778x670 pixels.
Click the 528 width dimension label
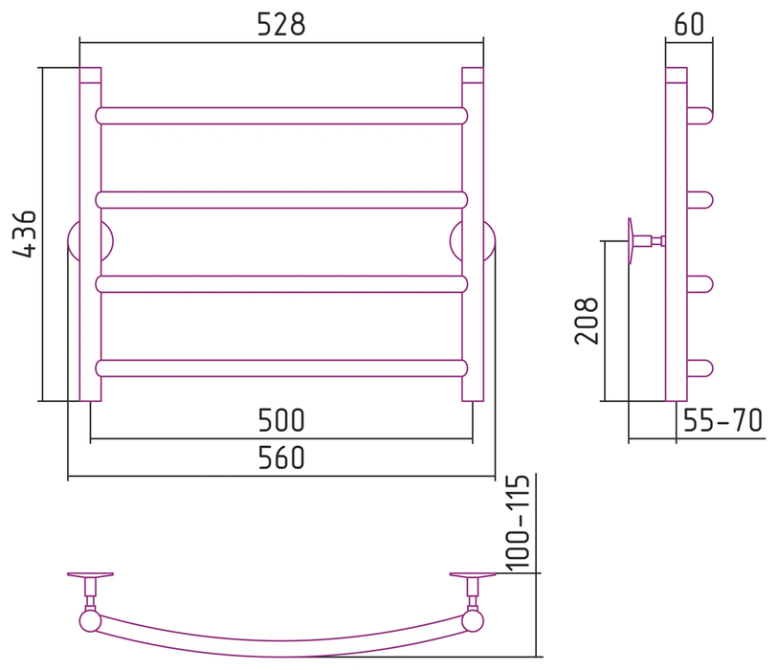[x=281, y=24]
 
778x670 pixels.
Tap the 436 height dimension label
[x=24, y=234]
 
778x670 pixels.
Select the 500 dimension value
[x=280, y=420]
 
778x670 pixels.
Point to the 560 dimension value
[x=280, y=458]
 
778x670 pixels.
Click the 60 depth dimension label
[x=689, y=24]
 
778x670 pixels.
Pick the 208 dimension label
[x=587, y=321]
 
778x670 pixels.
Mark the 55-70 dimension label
[x=722, y=420]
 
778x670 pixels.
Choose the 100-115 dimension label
[x=518, y=525]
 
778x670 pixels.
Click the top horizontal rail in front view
[x=281, y=116]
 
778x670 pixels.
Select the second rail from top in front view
[x=281, y=200]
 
